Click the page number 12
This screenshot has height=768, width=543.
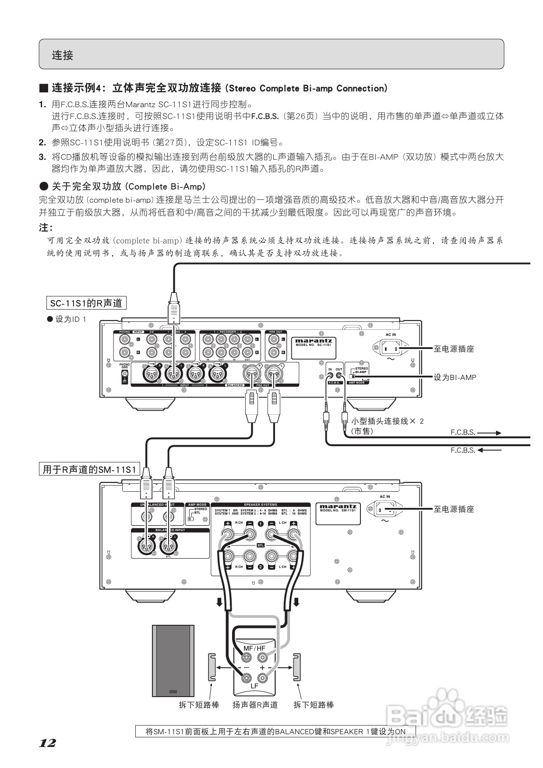pyautogui.click(x=48, y=743)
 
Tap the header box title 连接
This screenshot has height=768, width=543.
pyautogui.click(x=63, y=55)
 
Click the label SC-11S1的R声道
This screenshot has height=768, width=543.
pyautogui.click(x=86, y=303)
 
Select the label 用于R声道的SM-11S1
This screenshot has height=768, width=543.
pyautogui.click(x=89, y=470)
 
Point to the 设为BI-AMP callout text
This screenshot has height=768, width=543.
pyautogui.click(x=455, y=377)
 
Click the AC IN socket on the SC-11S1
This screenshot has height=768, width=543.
pyautogui.click(x=389, y=349)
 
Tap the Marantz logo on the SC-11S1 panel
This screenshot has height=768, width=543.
pyautogui.click(x=314, y=341)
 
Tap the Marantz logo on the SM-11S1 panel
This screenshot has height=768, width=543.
pyautogui.click(x=338, y=507)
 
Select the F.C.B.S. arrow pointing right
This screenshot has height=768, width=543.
pyautogui.click(x=489, y=433)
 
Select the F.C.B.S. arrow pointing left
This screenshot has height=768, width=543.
pyautogui.click(x=489, y=450)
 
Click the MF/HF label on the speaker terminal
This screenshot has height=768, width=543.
pyautogui.click(x=254, y=648)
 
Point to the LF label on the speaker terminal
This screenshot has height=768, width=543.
pyautogui.click(x=254, y=686)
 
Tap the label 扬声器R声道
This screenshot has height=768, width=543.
pyautogui.click(x=255, y=705)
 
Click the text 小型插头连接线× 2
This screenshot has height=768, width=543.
pyautogui.click(x=388, y=421)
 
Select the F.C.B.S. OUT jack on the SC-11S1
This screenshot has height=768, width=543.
pyautogui.click(x=338, y=375)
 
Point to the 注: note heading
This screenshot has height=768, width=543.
pyautogui.click(x=46, y=228)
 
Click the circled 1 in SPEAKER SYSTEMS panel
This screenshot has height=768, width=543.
pyautogui.click(x=261, y=524)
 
